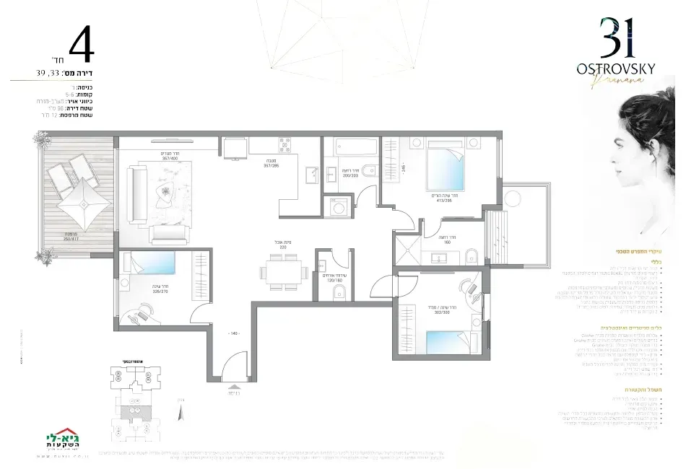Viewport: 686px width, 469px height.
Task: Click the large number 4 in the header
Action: (82, 46)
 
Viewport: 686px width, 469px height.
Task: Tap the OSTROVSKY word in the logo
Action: (616, 68)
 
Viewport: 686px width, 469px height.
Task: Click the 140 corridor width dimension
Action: (233, 334)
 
